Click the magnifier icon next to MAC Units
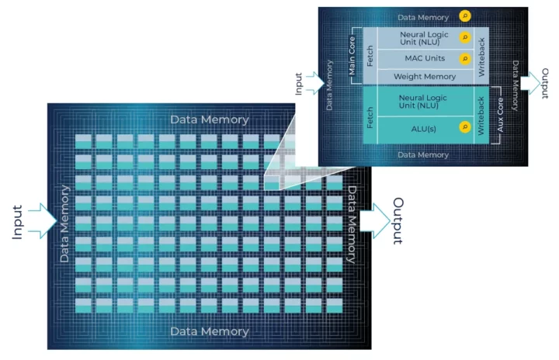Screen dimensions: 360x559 coord(465,58)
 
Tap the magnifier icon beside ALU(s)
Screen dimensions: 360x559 coord(465,126)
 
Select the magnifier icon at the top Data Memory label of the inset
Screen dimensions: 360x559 coord(465,16)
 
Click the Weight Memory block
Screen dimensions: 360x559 coord(424,77)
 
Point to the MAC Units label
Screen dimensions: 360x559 coord(424,58)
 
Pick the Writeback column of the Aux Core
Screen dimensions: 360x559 coord(482,116)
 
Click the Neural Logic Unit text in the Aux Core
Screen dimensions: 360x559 coord(424,102)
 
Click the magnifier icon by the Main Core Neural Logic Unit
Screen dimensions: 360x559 coord(465,36)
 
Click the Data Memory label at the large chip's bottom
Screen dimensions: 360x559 coord(210,331)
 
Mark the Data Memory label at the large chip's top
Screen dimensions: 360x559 coord(210,119)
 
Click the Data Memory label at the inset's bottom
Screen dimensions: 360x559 coord(424,154)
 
